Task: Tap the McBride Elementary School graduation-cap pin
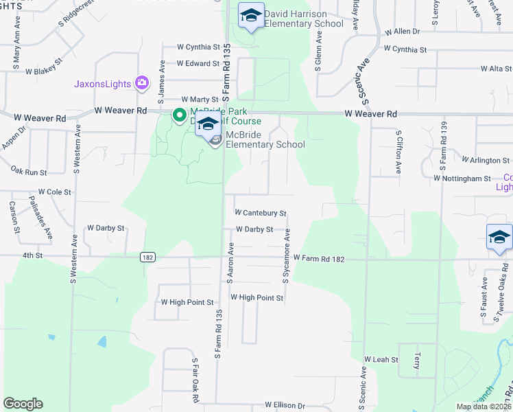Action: tap(208, 124)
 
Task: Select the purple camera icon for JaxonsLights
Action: tap(142, 84)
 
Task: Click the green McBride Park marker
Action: tap(179, 115)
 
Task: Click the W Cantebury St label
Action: tap(260, 214)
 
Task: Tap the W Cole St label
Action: tap(55, 192)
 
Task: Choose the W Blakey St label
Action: tap(45, 71)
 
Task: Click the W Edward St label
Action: tap(198, 64)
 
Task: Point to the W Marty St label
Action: tap(199, 100)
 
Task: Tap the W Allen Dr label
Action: tap(402, 32)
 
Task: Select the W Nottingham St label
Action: tap(462, 178)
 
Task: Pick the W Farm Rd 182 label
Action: tap(318, 258)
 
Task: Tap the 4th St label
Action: tap(32, 255)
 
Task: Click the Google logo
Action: tap(23, 404)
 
